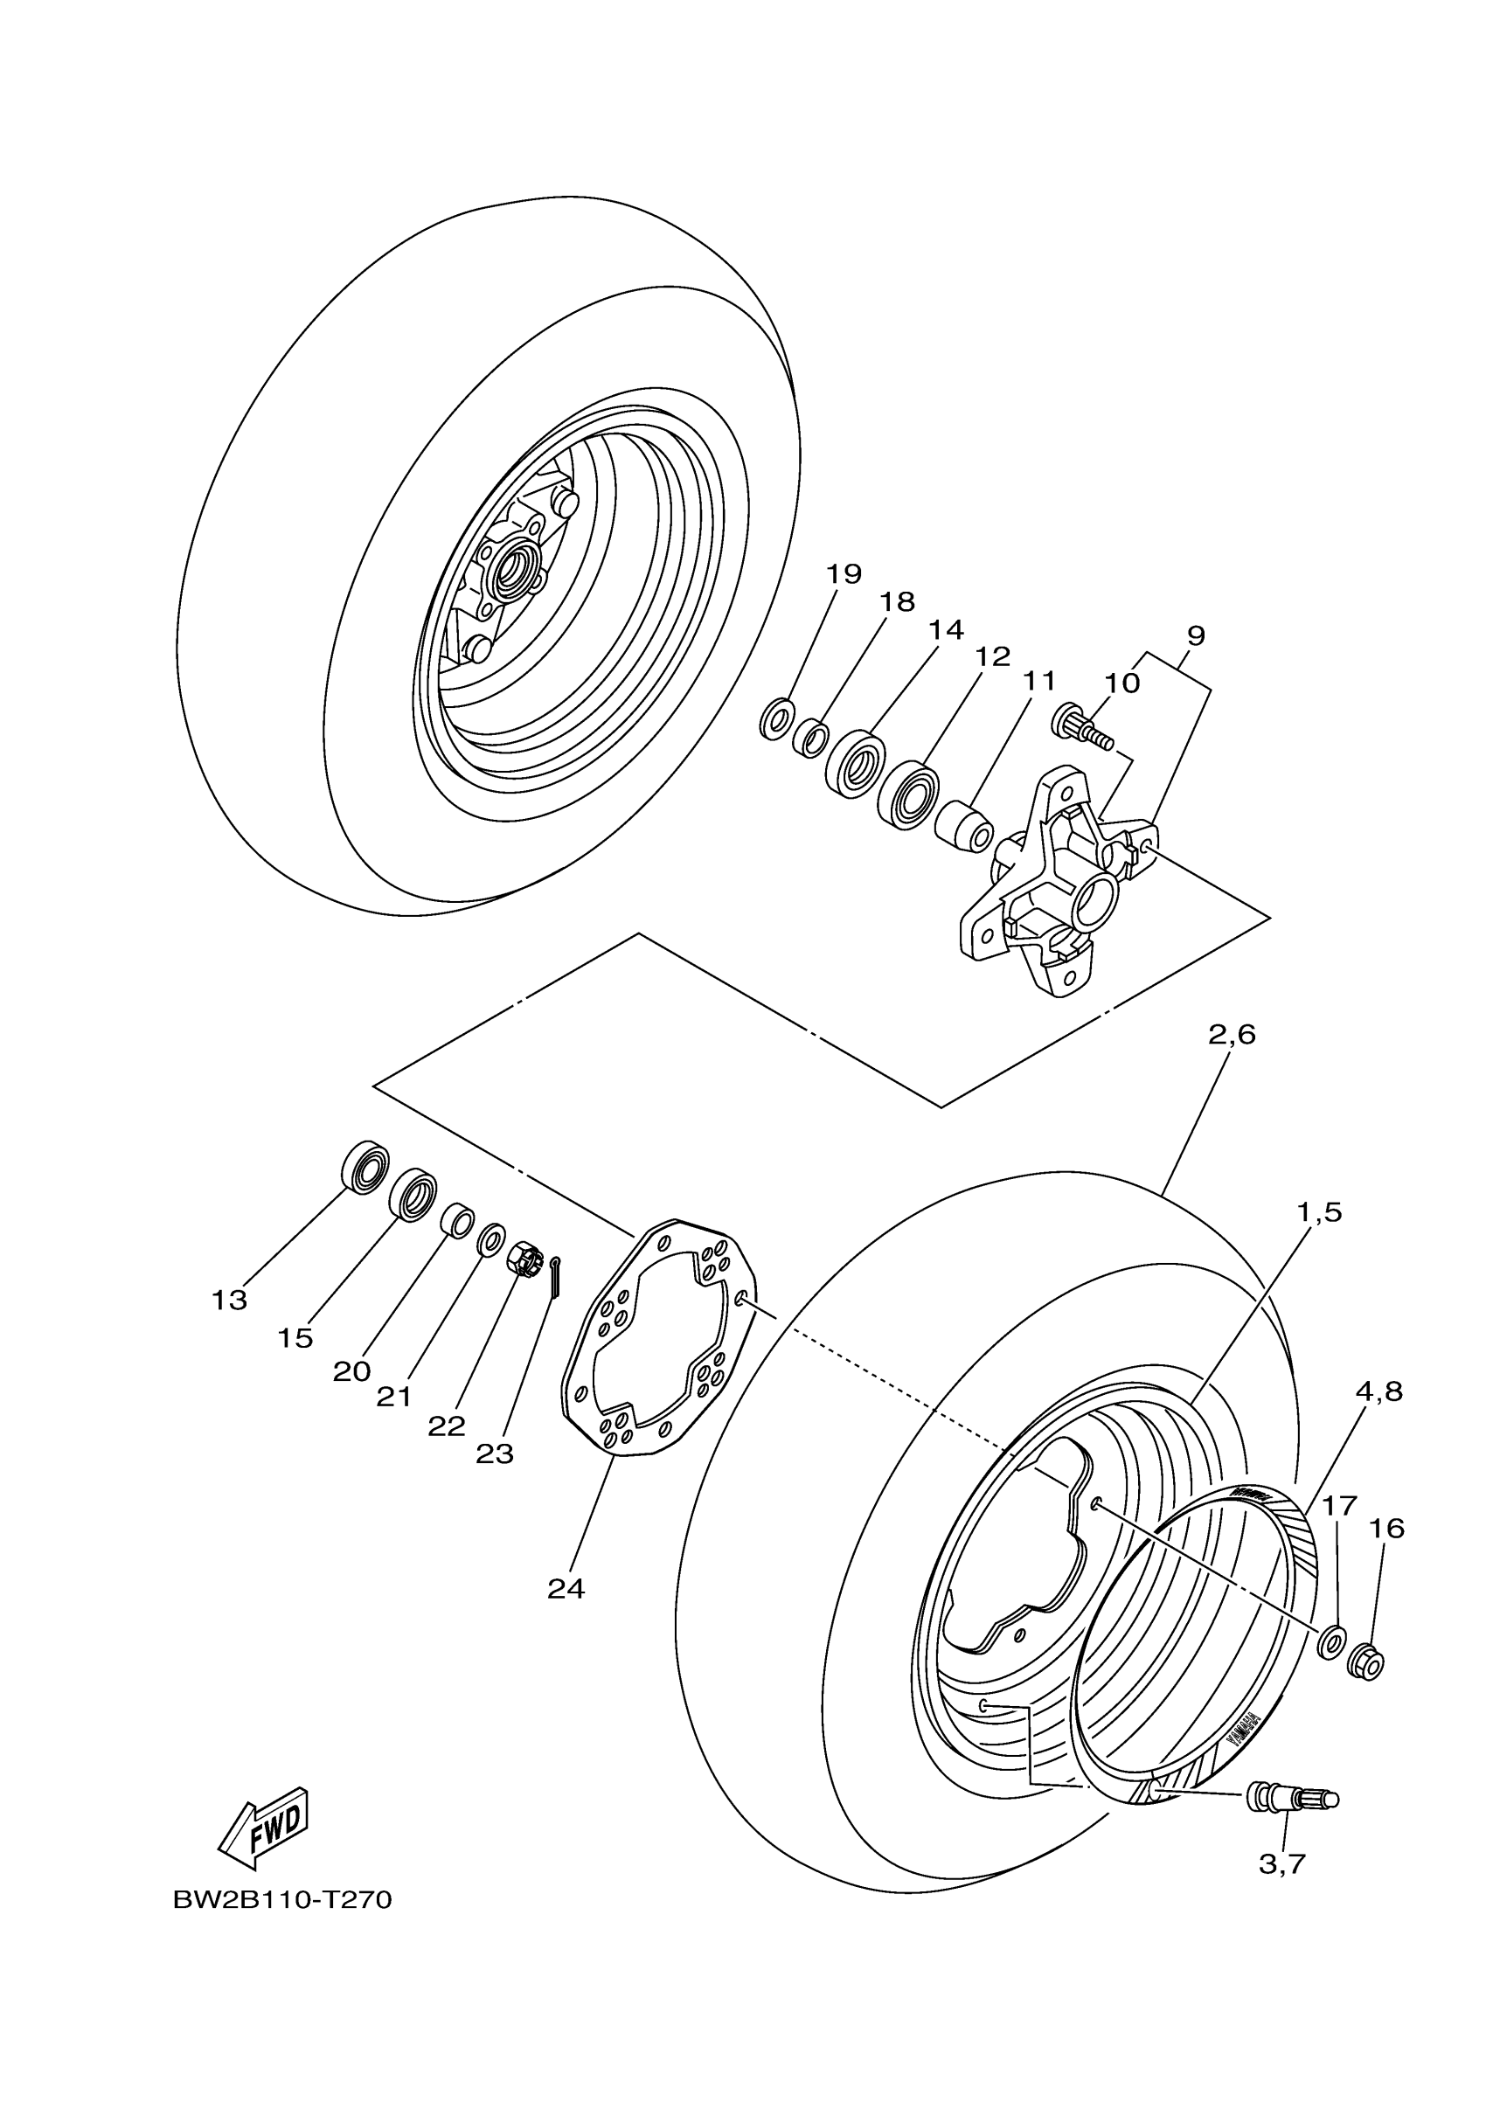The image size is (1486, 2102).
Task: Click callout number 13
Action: pos(230,1300)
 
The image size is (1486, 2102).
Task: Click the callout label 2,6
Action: pos(1232,1036)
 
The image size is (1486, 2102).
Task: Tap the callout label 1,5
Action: pos(1318,1213)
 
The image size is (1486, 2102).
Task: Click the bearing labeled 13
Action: pos(365,1166)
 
